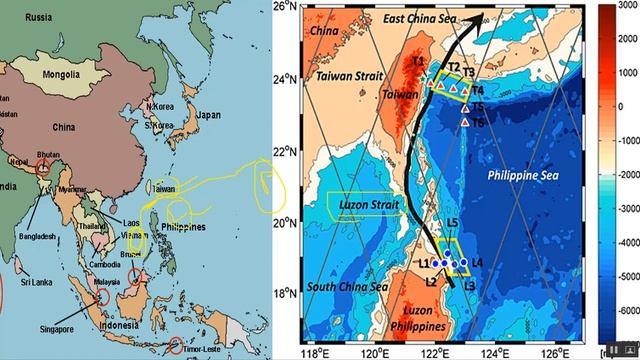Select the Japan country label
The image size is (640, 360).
point(208,115)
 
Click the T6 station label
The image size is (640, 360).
point(477,123)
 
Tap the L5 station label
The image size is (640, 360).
point(452,223)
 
